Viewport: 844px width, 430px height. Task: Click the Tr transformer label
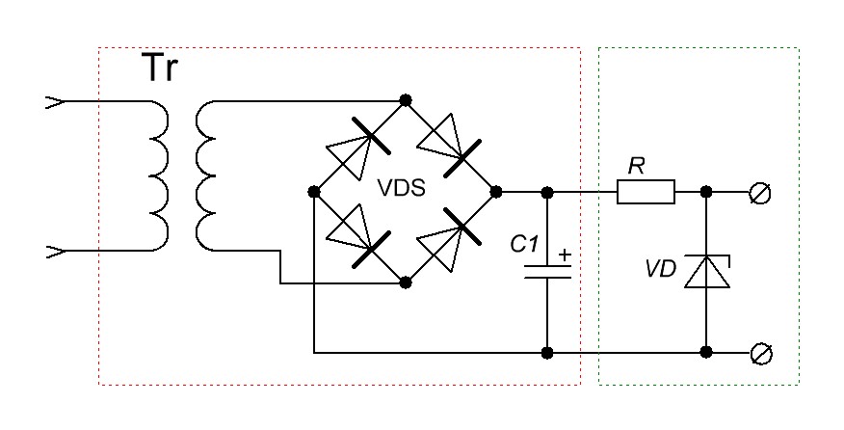coord(162,69)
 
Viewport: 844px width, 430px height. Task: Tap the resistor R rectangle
coord(646,193)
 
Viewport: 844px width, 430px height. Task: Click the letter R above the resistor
coord(636,167)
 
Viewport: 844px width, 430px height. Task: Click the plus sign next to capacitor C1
coord(565,257)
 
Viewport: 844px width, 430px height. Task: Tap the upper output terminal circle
coord(758,194)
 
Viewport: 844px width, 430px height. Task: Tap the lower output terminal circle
coord(758,354)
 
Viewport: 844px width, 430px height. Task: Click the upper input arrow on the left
coord(55,100)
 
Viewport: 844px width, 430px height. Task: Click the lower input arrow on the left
coord(55,253)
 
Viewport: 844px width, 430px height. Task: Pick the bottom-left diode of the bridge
coord(355,237)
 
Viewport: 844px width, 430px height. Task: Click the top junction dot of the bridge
coord(406,99)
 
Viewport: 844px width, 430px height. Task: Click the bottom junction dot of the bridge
coord(406,283)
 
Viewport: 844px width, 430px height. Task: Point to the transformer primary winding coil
coord(158,175)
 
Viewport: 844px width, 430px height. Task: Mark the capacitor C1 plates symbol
coord(548,271)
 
